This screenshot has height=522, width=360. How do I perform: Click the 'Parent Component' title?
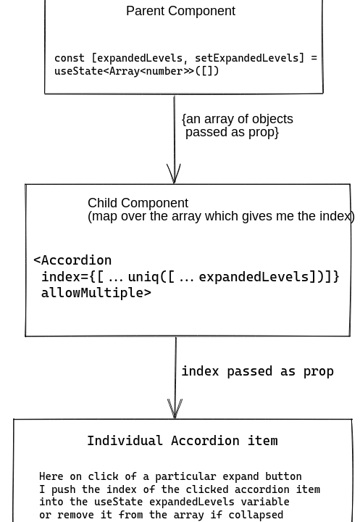[180, 11]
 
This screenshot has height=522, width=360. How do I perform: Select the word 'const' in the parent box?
[70, 58]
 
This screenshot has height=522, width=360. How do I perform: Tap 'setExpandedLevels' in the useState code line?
[246, 58]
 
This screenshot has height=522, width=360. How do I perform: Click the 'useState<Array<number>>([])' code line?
[136, 71]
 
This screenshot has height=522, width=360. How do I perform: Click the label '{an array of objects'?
[238, 119]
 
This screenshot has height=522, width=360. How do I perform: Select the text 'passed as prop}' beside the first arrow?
[232, 132]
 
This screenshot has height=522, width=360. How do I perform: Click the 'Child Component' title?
[138, 203]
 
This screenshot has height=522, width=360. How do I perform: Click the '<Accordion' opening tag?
[72, 260]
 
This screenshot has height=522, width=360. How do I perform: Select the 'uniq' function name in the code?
[143, 277]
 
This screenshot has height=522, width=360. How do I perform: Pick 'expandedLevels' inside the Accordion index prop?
[254, 277]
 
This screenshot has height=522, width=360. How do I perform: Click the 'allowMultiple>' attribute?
[96, 293]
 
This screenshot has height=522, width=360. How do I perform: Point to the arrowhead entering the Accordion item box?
[175, 410]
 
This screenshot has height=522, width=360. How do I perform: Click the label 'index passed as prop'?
[257, 371]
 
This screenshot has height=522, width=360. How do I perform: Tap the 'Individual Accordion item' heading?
[182, 441]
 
